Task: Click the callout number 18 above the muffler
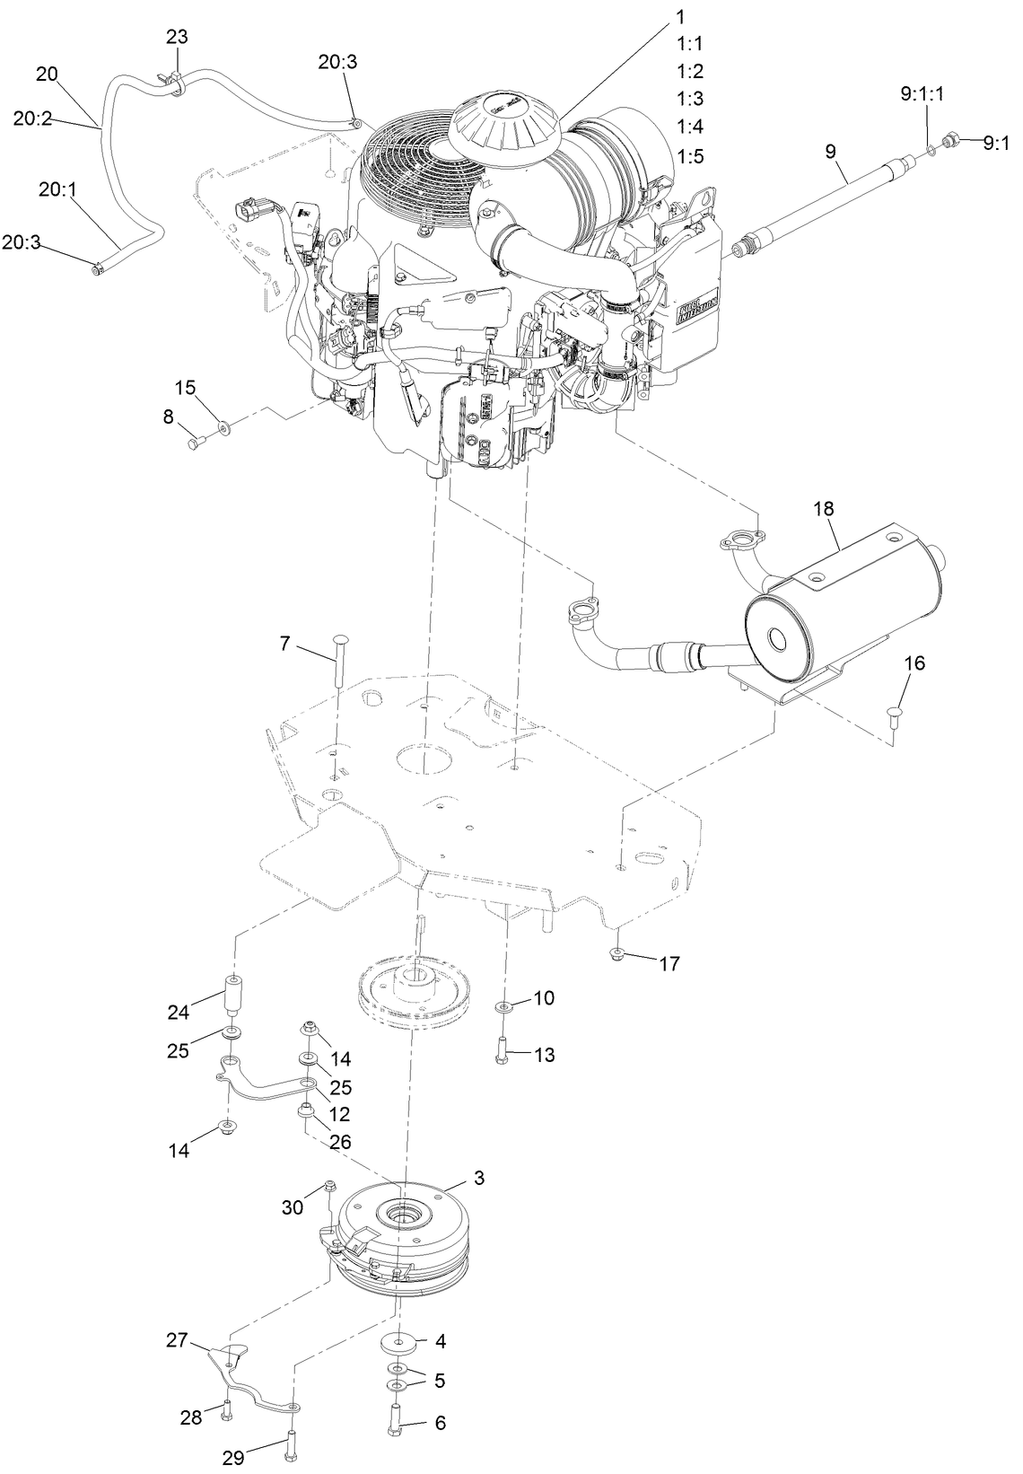(824, 508)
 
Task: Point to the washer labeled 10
(505, 1007)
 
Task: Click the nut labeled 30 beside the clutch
(330, 1188)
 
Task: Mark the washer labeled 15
(223, 427)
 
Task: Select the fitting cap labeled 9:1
(955, 141)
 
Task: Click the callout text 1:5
(690, 156)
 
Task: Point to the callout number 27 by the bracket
(176, 1340)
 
